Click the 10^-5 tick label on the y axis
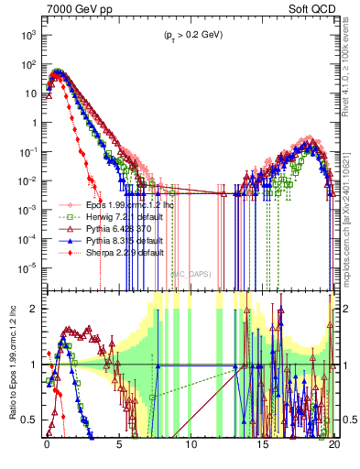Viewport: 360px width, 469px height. (x=27, y=267)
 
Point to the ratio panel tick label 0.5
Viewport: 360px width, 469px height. (x=32, y=420)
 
